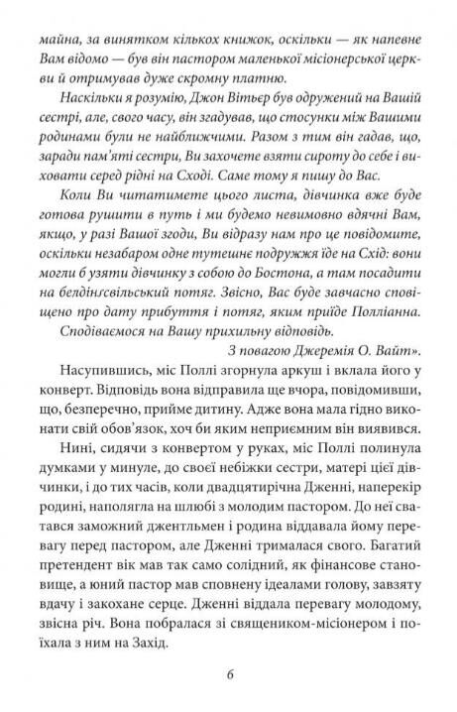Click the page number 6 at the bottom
tap(228, 678)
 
